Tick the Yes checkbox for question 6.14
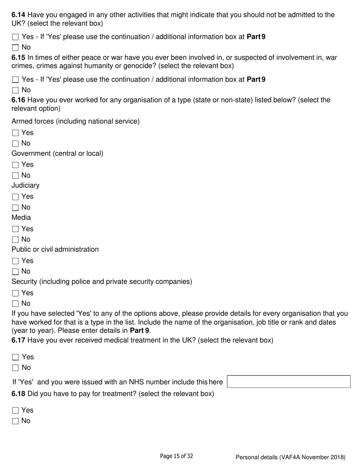pyautogui.click(x=15, y=37)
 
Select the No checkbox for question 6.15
pyautogui.click(x=15, y=91)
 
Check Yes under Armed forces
pyautogui.click(x=15, y=133)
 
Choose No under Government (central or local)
pyautogui.click(x=15, y=176)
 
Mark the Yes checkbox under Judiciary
pyautogui.click(x=15, y=197)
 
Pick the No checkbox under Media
pyautogui.click(x=15, y=240)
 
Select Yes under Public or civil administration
pyautogui.click(x=15, y=261)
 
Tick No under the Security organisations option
pyautogui.click(x=15, y=304)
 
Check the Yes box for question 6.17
pyautogui.click(x=15, y=357)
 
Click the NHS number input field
pyautogui.click(x=288, y=382)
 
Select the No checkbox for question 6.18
pyautogui.click(x=15, y=421)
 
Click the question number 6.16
pyautogui.click(x=18, y=100)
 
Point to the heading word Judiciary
pyautogui.click(x=25, y=186)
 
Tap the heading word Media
pyautogui.click(x=21, y=218)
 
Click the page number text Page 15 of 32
pyautogui.click(x=176, y=456)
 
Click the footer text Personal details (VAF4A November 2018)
pyautogui.click(x=290, y=457)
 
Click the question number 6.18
pyautogui.click(x=18, y=394)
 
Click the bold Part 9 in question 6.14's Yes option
pyautogui.click(x=256, y=37)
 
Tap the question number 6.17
pyautogui.click(x=18, y=340)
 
